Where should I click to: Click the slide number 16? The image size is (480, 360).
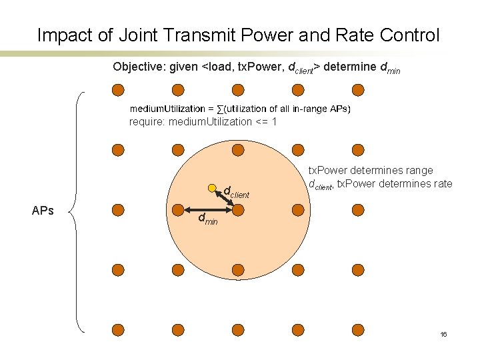tap(443, 334)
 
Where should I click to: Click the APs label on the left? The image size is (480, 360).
tap(43, 211)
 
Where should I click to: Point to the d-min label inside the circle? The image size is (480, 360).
tap(207, 219)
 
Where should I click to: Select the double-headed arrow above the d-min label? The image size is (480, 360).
tap(207, 210)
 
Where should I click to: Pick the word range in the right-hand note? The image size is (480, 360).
tap(417, 171)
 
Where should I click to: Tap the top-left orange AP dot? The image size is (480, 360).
tap(118, 90)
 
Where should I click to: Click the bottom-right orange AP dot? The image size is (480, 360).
tap(358, 330)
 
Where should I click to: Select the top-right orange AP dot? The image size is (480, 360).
tap(358, 90)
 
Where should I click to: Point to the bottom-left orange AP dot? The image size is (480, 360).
tap(118, 330)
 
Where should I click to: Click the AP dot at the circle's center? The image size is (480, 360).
tap(238, 210)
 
